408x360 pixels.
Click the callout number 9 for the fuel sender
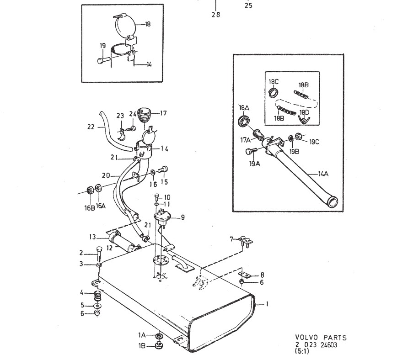pos(183,217)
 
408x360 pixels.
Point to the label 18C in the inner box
pos(274,82)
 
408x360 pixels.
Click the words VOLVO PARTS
pos(321,338)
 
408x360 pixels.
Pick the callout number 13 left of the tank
pos(93,237)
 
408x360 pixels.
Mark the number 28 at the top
pos(215,14)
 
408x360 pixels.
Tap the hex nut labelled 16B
pos(90,190)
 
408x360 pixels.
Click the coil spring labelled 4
pos(97,295)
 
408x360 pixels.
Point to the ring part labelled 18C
pos(274,93)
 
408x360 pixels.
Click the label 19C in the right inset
pos(314,142)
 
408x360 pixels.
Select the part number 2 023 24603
pos(316,345)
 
